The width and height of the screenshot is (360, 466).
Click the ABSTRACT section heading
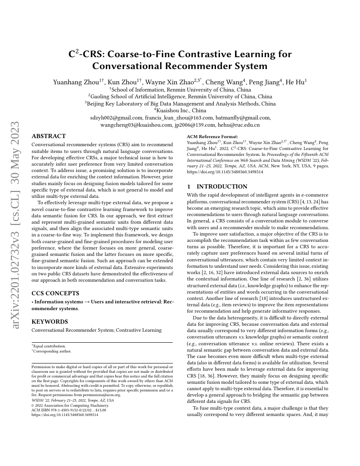[x=49, y=136]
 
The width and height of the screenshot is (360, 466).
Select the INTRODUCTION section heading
[x=217, y=186]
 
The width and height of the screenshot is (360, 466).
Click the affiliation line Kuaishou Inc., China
[x=180, y=111]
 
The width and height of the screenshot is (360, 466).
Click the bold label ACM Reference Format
[x=212, y=137]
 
